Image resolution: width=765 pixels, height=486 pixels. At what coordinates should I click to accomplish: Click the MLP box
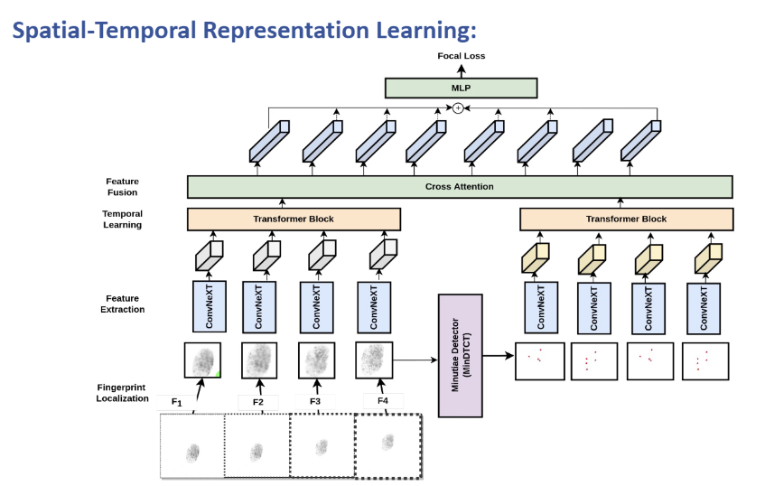(x=461, y=88)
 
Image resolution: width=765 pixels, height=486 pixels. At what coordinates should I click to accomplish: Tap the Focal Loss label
(x=461, y=56)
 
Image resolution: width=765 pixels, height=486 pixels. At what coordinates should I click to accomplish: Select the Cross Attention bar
(x=460, y=187)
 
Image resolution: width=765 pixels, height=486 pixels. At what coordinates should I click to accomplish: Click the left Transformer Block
(x=294, y=219)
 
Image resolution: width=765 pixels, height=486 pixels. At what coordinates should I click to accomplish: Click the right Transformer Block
(x=626, y=219)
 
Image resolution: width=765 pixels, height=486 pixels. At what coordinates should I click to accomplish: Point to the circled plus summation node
(x=458, y=108)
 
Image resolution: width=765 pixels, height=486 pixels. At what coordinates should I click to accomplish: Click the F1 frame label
(x=177, y=402)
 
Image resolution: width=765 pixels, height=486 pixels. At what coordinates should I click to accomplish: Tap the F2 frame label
(x=258, y=401)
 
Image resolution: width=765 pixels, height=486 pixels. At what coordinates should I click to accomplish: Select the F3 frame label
(x=315, y=401)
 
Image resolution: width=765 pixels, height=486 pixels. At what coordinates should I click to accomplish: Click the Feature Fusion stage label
(x=122, y=186)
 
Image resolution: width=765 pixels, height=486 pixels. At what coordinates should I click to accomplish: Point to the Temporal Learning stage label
(x=122, y=219)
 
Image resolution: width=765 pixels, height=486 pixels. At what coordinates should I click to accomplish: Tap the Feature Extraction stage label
(x=122, y=304)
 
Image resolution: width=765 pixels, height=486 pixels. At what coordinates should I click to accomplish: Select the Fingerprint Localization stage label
(x=122, y=392)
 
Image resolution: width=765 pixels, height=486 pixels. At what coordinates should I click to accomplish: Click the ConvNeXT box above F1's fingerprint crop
(x=208, y=306)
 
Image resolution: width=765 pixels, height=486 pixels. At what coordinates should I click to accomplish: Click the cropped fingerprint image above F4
(x=375, y=359)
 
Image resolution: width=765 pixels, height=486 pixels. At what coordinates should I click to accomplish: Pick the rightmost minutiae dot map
(x=705, y=360)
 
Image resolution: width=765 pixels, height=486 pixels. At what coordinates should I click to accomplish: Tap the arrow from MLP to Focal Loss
(x=461, y=70)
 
